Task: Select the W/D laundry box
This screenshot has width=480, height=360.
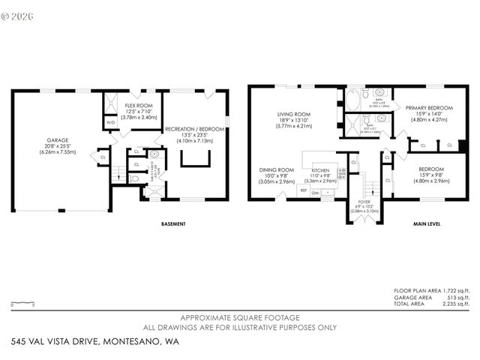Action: (x=110, y=122)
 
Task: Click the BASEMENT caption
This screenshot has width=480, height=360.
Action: (x=173, y=224)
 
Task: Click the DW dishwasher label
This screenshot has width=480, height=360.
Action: (x=316, y=193)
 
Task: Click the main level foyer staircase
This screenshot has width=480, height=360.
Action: (x=364, y=183)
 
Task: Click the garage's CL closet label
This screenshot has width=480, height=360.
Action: (x=103, y=157)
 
